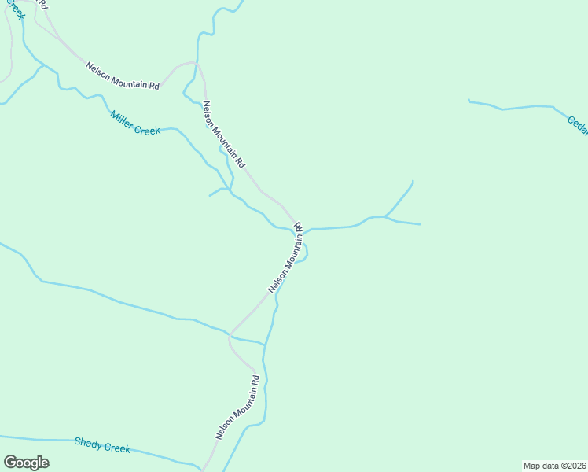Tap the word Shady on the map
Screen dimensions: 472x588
88,443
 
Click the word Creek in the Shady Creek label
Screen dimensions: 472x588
116,447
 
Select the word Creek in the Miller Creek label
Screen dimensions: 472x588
147,129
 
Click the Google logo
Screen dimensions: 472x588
26,463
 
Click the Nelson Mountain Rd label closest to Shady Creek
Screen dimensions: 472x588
237,407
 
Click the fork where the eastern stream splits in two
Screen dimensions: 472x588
385,216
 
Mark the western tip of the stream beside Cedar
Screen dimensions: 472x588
469,101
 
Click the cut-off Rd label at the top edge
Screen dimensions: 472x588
42,5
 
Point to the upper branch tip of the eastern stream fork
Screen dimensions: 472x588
413,182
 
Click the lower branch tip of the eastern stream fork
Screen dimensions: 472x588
420,224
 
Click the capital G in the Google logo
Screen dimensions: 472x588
10,463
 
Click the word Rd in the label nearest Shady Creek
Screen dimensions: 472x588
255,379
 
